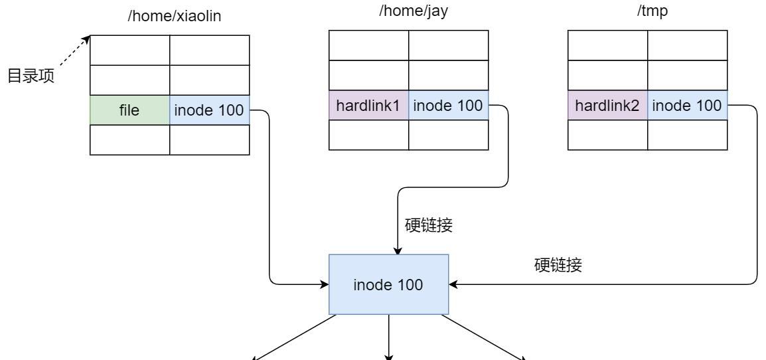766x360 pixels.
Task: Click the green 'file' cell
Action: tap(129, 110)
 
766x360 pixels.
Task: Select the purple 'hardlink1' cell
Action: tap(368, 106)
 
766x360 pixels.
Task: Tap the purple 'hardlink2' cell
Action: tap(607, 106)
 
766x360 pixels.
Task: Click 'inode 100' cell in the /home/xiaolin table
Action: tap(209, 110)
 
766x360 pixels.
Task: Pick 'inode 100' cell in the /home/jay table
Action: tap(448, 106)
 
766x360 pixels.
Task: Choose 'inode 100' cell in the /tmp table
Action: tap(687, 106)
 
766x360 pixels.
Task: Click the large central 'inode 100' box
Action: tap(389, 284)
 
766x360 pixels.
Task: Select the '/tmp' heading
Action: tap(647, 11)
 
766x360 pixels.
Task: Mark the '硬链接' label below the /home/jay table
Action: tap(428, 225)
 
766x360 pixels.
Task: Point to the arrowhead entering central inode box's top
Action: tap(398, 250)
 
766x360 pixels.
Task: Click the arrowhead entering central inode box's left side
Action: tap(325, 284)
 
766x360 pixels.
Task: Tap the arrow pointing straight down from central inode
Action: tap(389, 339)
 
